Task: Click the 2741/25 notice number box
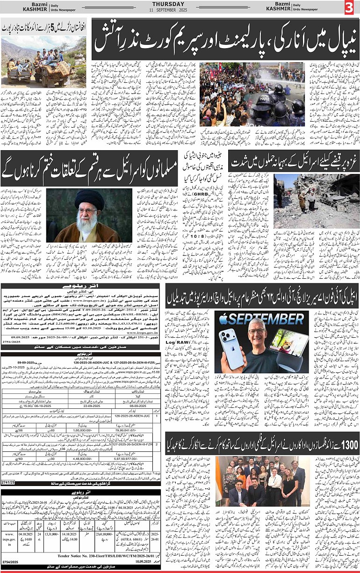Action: click(x=8, y=481)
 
